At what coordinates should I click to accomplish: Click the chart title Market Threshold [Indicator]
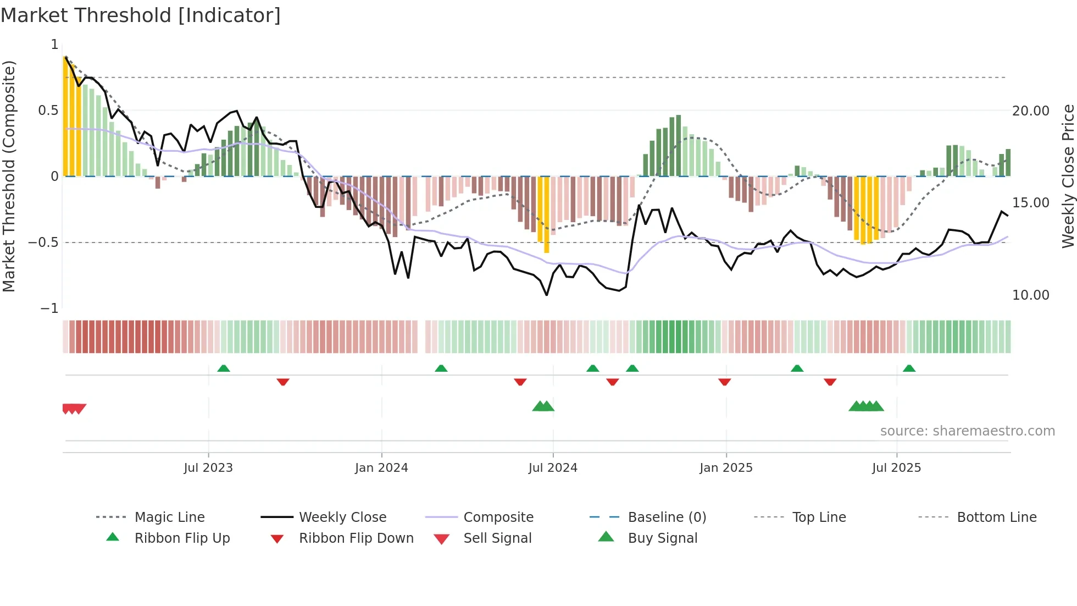click(141, 15)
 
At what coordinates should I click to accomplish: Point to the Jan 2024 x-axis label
click(381, 468)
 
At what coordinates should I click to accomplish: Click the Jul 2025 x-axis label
click(896, 468)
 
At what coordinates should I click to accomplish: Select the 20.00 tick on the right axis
click(1030, 111)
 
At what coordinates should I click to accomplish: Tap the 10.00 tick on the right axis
click(1030, 295)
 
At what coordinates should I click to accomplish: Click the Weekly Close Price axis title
click(1068, 176)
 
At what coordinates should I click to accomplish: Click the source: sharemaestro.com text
click(967, 431)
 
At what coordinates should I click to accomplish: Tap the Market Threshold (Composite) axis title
click(9, 176)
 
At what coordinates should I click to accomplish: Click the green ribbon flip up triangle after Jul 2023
click(224, 368)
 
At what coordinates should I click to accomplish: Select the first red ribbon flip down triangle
click(283, 382)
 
